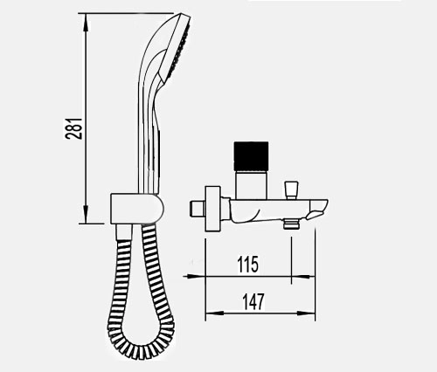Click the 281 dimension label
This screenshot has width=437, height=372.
tap(73, 128)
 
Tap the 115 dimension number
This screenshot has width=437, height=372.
tap(247, 265)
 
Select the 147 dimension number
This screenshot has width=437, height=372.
tap(253, 301)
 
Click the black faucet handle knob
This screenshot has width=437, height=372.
tap(251, 156)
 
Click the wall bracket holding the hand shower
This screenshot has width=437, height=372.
tap(137, 209)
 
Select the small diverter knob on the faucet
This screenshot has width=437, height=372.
tap(291, 189)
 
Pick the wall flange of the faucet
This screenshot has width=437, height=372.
tap(212, 209)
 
